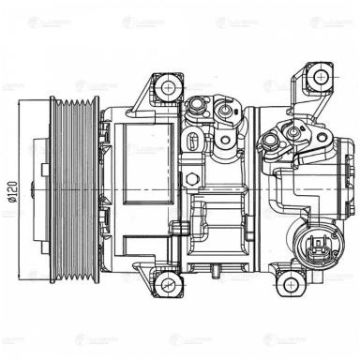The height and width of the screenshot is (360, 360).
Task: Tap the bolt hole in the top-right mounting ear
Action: point(319,76)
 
